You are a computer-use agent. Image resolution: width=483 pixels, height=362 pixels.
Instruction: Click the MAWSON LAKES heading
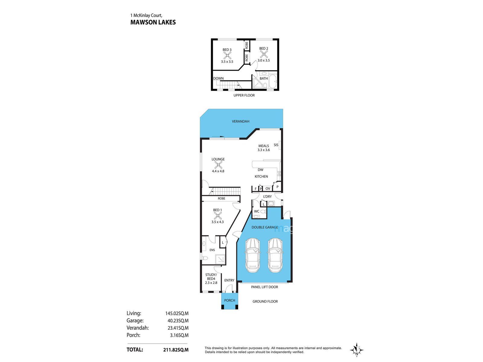[x=153, y=22]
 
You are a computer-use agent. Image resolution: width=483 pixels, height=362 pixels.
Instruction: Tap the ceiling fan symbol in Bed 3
[x=227, y=56]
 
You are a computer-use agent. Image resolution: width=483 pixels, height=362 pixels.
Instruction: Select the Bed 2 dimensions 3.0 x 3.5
[x=264, y=60]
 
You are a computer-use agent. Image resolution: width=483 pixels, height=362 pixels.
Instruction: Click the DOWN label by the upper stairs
[x=218, y=78]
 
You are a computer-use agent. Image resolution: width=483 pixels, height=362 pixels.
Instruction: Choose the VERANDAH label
[x=241, y=121]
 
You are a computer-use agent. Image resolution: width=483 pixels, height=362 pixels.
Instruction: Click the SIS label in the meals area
[x=276, y=145]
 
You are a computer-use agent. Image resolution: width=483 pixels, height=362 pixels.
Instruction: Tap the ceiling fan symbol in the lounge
[x=218, y=165]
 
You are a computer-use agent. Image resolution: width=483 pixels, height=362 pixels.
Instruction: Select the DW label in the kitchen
[x=260, y=170]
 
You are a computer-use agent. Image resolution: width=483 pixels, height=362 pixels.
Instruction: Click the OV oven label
[x=268, y=189]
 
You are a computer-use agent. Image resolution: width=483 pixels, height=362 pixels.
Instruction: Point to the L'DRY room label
[x=267, y=196]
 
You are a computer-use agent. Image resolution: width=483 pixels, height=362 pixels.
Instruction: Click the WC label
[x=257, y=211]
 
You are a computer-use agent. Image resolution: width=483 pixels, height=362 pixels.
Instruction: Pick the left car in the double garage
[x=252, y=255]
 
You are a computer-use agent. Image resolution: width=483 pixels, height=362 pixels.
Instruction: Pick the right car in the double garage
[x=275, y=255]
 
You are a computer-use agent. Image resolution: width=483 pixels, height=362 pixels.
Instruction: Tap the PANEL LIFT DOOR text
[x=264, y=287]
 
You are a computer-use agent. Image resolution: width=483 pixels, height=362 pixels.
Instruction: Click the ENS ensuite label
[x=212, y=250]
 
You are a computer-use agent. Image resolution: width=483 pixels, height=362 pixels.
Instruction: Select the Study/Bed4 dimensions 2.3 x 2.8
[x=211, y=283]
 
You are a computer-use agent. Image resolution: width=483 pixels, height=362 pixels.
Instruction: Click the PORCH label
[x=229, y=300]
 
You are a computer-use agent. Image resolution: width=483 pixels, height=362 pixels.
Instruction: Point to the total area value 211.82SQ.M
[x=176, y=350]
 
